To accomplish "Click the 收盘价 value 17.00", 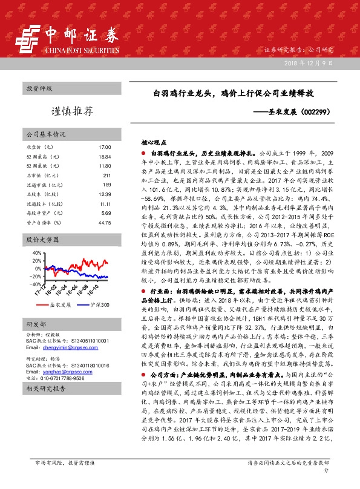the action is pos(105,148).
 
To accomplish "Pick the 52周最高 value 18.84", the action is pos(105,157).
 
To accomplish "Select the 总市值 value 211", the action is pos(106,175).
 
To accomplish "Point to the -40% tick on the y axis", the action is pos(35,284).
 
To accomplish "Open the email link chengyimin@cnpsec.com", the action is pos(61,348).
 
